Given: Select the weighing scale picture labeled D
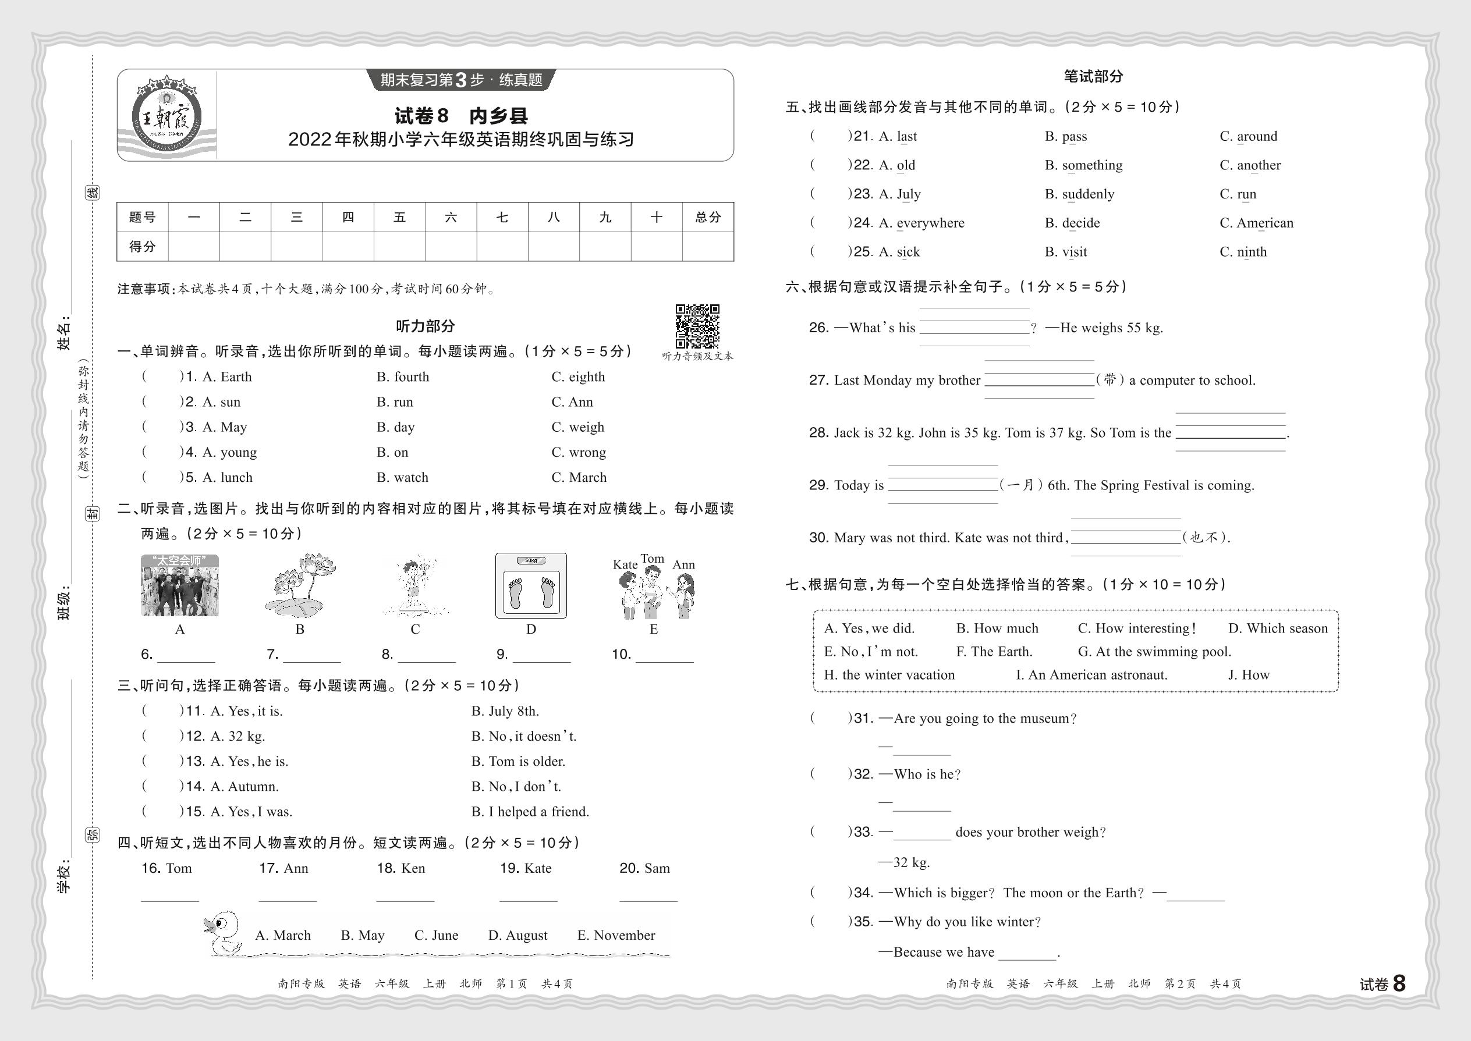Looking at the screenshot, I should click(531, 585).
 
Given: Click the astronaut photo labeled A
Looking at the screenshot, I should click(179, 585).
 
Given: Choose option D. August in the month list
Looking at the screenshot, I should click(518, 935).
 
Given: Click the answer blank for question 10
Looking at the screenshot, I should click(664, 655).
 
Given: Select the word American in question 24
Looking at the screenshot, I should click(1264, 223).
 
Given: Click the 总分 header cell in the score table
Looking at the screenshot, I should click(708, 217).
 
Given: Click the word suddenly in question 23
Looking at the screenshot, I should click(1088, 194).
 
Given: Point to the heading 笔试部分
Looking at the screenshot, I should click(1093, 76).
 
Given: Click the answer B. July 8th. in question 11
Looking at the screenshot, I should click(505, 711).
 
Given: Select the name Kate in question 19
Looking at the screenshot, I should click(537, 869).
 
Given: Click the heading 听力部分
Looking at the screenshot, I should click(425, 326).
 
